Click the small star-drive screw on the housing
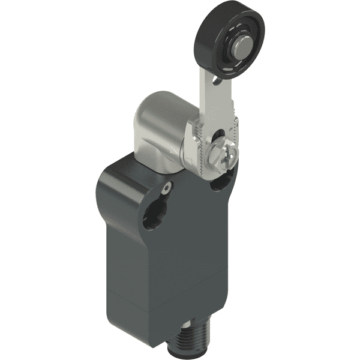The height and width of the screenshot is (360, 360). pos(166,187)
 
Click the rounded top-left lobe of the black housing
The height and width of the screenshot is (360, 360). pos(120,174)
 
